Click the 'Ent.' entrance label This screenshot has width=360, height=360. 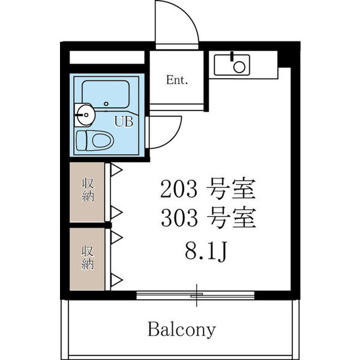[x=178, y=80]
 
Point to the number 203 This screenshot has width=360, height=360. [x=178, y=190]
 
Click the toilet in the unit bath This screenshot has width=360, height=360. [x=95, y=141]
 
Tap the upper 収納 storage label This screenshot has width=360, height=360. [x=88, y=190]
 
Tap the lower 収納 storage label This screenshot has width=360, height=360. [x=88, y=257]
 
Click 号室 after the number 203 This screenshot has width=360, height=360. [x=230, y=190]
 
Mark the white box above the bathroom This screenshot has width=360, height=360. [x=107, y=58]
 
